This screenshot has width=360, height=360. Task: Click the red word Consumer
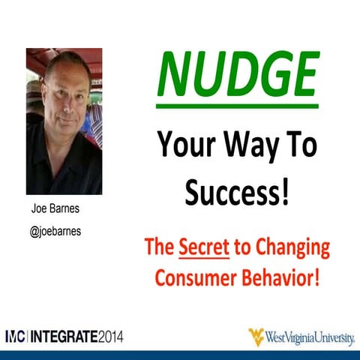(x=199, y=276)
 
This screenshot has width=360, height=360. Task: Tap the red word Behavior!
(x=283, y=276)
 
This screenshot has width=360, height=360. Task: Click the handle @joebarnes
(x=55, y=232)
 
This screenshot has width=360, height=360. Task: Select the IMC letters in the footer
(x=17, y=335)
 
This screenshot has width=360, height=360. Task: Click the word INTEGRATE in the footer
(x=66, y=335)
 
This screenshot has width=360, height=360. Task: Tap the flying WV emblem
(x=257, y=335)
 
